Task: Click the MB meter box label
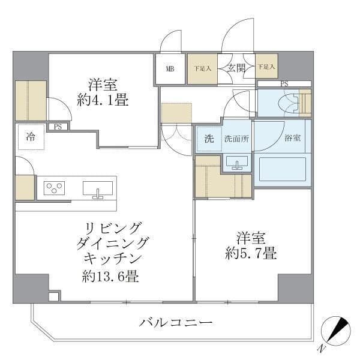[170, 68]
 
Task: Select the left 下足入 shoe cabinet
[202, 68]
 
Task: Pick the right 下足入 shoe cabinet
[266, 68]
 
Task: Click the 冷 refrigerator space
[30, 137]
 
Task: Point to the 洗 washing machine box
[208, 139]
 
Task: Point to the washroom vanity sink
[237, 162]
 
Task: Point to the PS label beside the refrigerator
[58, 127]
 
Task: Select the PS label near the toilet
[284, 83]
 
